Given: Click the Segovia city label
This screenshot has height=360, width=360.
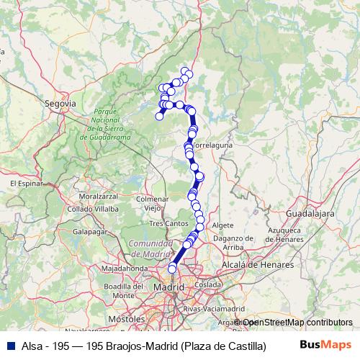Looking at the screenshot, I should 60,104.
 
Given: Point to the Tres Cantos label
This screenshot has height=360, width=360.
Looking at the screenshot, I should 167,223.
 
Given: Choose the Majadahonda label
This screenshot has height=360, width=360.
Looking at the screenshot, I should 124,269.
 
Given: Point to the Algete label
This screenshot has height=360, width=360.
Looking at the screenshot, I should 223,225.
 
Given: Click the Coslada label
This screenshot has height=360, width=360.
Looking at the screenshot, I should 212,284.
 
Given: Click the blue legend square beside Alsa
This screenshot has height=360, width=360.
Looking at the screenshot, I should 9,345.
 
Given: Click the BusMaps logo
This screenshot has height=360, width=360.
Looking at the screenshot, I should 330,345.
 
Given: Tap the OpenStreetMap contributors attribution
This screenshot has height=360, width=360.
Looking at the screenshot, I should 295,323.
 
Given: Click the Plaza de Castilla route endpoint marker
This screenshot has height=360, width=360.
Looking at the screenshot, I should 172,269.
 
